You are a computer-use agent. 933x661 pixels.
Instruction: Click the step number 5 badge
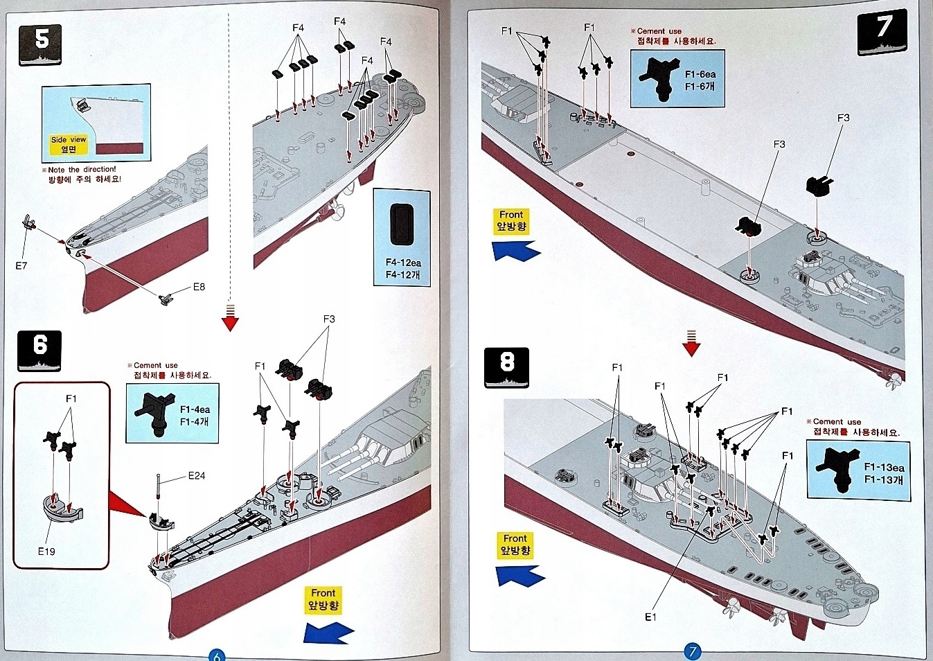point(40,43)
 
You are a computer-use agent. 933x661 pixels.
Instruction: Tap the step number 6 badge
point(39,349)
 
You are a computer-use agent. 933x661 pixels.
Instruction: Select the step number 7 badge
point(882,31)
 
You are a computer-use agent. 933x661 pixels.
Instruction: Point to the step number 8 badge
point(507,366)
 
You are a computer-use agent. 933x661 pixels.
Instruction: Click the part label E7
point(21,265)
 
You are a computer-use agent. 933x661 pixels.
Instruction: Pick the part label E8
point(199,286)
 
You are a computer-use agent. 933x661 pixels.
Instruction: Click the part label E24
point(197,476)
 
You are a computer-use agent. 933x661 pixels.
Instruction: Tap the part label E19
point(46,552)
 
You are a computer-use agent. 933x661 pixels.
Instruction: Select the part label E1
point(650,617)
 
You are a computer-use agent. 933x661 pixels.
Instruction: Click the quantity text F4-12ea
point(403,263)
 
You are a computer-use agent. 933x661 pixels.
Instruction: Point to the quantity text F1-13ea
point(884,467)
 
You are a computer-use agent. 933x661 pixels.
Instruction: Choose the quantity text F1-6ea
point(700,74)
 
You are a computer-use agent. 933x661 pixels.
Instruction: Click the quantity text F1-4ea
point(195,409)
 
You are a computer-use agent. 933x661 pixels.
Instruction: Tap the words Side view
point(69,139)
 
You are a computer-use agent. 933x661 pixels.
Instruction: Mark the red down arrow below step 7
point(691,344)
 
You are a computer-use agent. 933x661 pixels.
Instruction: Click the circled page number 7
point(691,651)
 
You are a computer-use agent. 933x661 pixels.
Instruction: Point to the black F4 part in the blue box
point(402,224)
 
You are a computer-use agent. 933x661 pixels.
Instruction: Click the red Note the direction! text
point(82,169)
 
